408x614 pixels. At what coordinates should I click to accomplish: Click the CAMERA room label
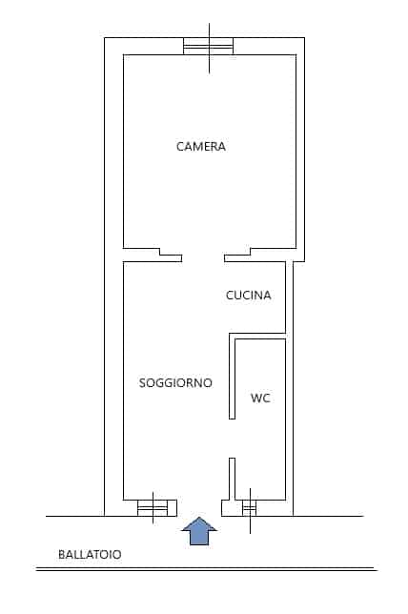[x=200, y=147]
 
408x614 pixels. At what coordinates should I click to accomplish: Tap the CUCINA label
[x=248, y=296]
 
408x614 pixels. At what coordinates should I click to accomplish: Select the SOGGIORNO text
[x=175, y=382]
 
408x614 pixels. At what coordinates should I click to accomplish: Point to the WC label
[x=260, y=399]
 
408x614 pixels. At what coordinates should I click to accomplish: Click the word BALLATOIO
[x=90, y=555]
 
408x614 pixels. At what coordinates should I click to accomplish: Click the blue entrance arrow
[x=199, y=531]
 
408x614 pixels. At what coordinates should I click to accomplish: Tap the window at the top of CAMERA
[x=209, y=46]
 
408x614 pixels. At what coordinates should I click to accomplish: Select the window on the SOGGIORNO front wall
[x=153, y=508]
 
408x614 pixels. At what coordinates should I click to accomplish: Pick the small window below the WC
[x=250, y=508]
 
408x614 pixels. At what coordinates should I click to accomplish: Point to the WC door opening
[x=232, y=439]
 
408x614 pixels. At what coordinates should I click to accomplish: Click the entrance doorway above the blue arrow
[x=199, y=508]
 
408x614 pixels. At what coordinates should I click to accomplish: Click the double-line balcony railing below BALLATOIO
[x=206, y=569]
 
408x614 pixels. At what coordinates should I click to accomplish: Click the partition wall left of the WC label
[x=232, y=376]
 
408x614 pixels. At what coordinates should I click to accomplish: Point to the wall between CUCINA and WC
[x=257, y=336]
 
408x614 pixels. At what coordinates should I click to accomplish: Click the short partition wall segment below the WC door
[x=232, y=479]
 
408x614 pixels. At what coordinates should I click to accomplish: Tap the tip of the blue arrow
[x=199, y=517]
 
